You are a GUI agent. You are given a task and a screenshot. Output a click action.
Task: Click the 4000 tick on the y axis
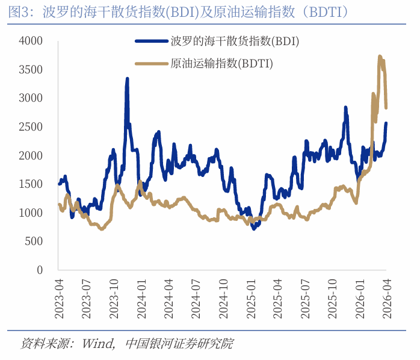point(31,41)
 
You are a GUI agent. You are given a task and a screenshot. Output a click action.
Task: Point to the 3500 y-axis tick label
point(31,70)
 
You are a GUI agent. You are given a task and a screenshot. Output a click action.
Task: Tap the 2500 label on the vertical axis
point(31,127)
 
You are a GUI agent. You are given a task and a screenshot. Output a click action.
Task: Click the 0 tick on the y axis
point(40,270)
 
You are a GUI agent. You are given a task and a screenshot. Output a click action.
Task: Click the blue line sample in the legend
point(150,42)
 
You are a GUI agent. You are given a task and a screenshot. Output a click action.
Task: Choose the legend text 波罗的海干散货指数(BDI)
point(235,42)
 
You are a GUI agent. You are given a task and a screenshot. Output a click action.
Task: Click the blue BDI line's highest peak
point(127,79)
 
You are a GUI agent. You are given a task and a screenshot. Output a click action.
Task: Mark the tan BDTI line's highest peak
point(380,57)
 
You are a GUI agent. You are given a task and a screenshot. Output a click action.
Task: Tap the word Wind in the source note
point(97,344)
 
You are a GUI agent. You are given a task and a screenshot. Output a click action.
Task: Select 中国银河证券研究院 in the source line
point(179,344)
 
